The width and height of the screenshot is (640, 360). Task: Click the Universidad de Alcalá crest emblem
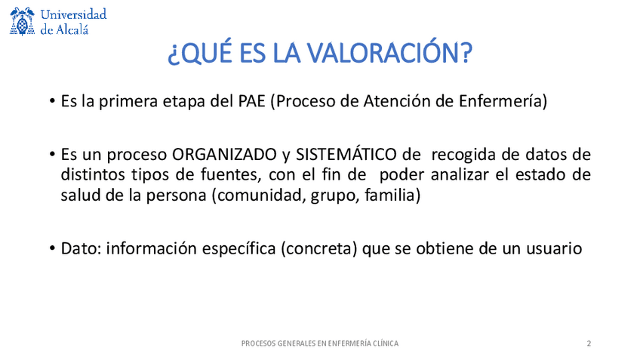tap(22, 22)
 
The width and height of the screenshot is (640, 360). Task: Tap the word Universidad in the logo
tap(73, 14)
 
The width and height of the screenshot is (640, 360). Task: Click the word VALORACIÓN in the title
tap(389, 53)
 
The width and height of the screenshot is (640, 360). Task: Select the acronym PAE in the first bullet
tap(252, 101)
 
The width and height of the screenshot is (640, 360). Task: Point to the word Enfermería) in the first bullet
tap(503, 101)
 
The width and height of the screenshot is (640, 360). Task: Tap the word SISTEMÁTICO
tap(346, 154)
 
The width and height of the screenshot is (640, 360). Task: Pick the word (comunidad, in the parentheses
tap(259, 195)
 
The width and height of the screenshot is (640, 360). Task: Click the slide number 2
tap(589, 343)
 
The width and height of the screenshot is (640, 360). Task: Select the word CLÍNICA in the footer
tap(384, 343)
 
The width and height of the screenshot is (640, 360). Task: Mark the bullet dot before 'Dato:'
tap(52, 248)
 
